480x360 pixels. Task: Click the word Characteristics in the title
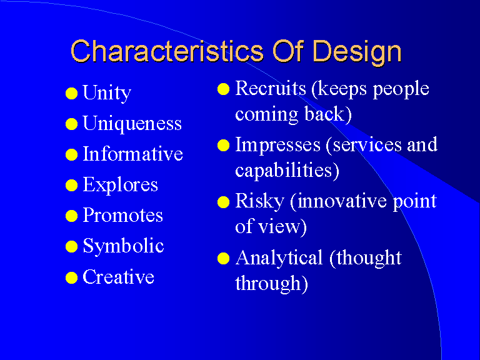pyautogui.click(x=167, y=51)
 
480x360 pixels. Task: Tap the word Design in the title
pyautogui.click(x=357, y=52)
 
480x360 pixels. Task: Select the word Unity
pyautogui.click(x=107, y=93)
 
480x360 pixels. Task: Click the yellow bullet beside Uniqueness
pyautogui.click(x=71, y=124)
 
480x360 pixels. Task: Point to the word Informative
pyautogui.click(x=133, y=154)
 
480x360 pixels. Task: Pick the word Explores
pyautogui.click(x=120, y=185)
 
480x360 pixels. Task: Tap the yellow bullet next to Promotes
pyautogui.click(x=71, y=216)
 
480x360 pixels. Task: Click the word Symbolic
pyautogui.click(x=123, y=246)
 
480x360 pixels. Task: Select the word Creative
pyautogui.click(x=119, y=277)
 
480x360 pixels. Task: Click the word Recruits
pyautogui.click(x=271, y=88)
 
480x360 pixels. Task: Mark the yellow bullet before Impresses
pyautogui.click(x=224, y=146)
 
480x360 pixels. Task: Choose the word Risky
pyautogui.click(x=259, y=202)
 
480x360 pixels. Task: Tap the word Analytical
pyautogui.click(x=279, y=258)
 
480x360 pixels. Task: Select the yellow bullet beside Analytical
pyautogui.click(x=224, y=258)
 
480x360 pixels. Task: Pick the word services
pyautogui.click(x=367, y=145)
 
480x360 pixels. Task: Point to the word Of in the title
pyautogui.click(x=288, y=51)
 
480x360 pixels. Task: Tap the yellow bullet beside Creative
pyautogui.click(x=71, y=277)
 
